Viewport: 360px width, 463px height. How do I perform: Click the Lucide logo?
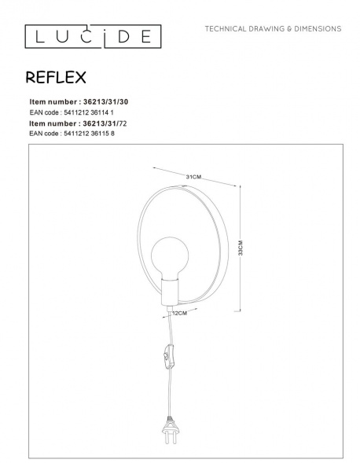point(93,36)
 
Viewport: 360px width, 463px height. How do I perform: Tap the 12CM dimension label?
point(180,314)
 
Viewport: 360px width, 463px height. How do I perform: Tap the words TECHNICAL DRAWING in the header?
point(242,28)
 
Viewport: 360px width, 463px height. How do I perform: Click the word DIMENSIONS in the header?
point(314,28)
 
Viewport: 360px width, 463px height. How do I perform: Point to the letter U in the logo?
point(63,36)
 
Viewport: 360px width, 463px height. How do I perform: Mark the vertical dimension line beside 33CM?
point(238,247)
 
